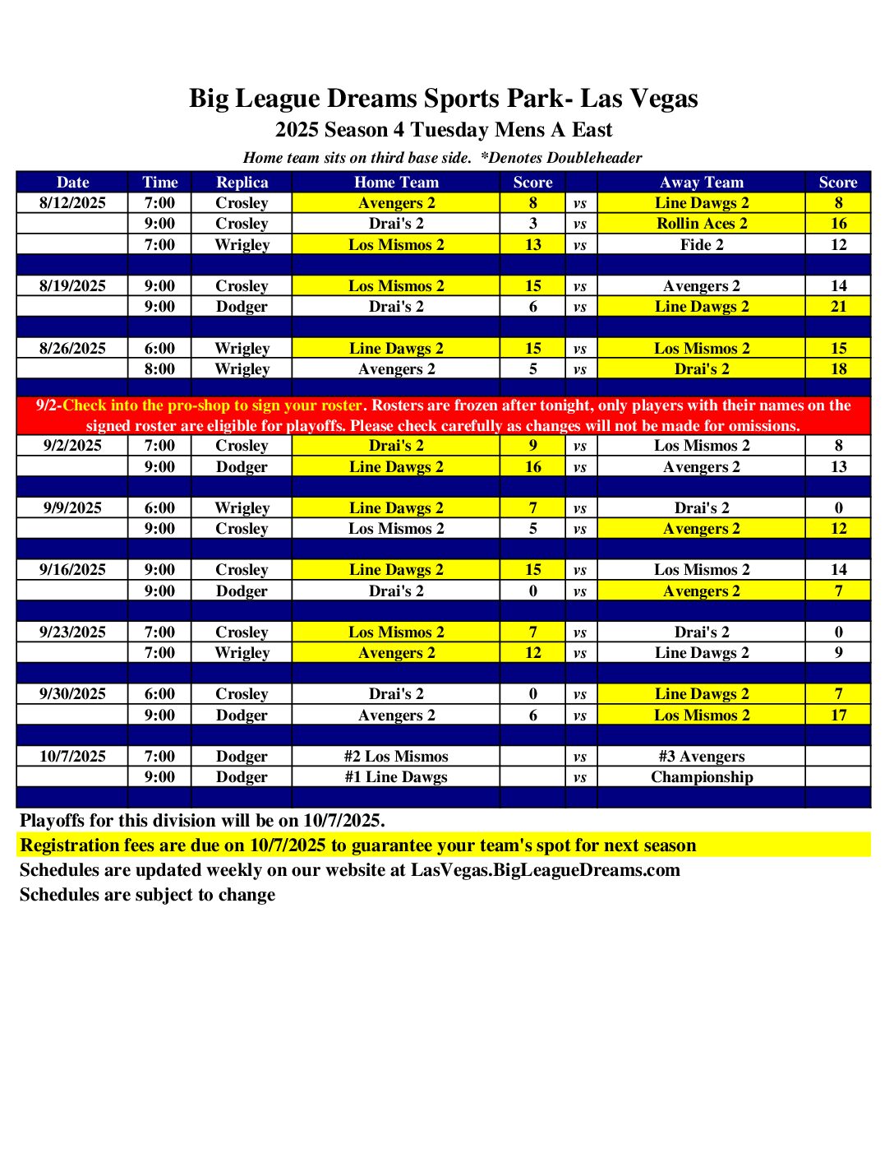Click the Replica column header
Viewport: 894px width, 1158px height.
pyautogui.click(x=242, y=183)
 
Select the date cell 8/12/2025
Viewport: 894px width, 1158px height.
pyautogui.click(x=72, y=203)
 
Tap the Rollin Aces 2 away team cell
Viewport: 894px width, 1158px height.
pyautogui.click(x=702, y=224)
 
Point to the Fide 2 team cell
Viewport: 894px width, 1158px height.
pyautogui.click(x=702, y=244)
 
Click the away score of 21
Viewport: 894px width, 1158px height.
pyautogui.click(x=838, y=307)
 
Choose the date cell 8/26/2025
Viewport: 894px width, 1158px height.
pyautogui.click(x=72, y=349)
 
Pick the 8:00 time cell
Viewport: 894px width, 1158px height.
pyautogui.click(x=159, y=369)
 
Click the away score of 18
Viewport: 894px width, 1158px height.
pyautogui.click(x=838, y=369)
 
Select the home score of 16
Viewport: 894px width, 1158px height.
pyautogui.click(x=532, y=467)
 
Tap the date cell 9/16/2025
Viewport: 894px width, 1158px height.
pyautogui.click(x=72, y=570)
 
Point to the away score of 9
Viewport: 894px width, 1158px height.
pyautogui.click(x=838, y=653)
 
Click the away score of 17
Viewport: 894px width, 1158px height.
pyautogui.click(x=838, y=716)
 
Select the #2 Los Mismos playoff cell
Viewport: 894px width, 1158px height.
pyautogui.click(x=396, y=757)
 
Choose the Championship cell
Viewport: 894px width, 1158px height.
pyautogui.click(x=702, y=777)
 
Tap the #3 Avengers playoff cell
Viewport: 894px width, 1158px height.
pyautogui.click(x=702, y=757)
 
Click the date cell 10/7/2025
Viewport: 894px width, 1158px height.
pyautogui.click(x=72, y=757)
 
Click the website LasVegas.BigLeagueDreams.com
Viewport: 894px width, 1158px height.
pyautogui.click(x=545, y=870)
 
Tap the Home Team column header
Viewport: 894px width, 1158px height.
pyautogui.click(x=396, y=183)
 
